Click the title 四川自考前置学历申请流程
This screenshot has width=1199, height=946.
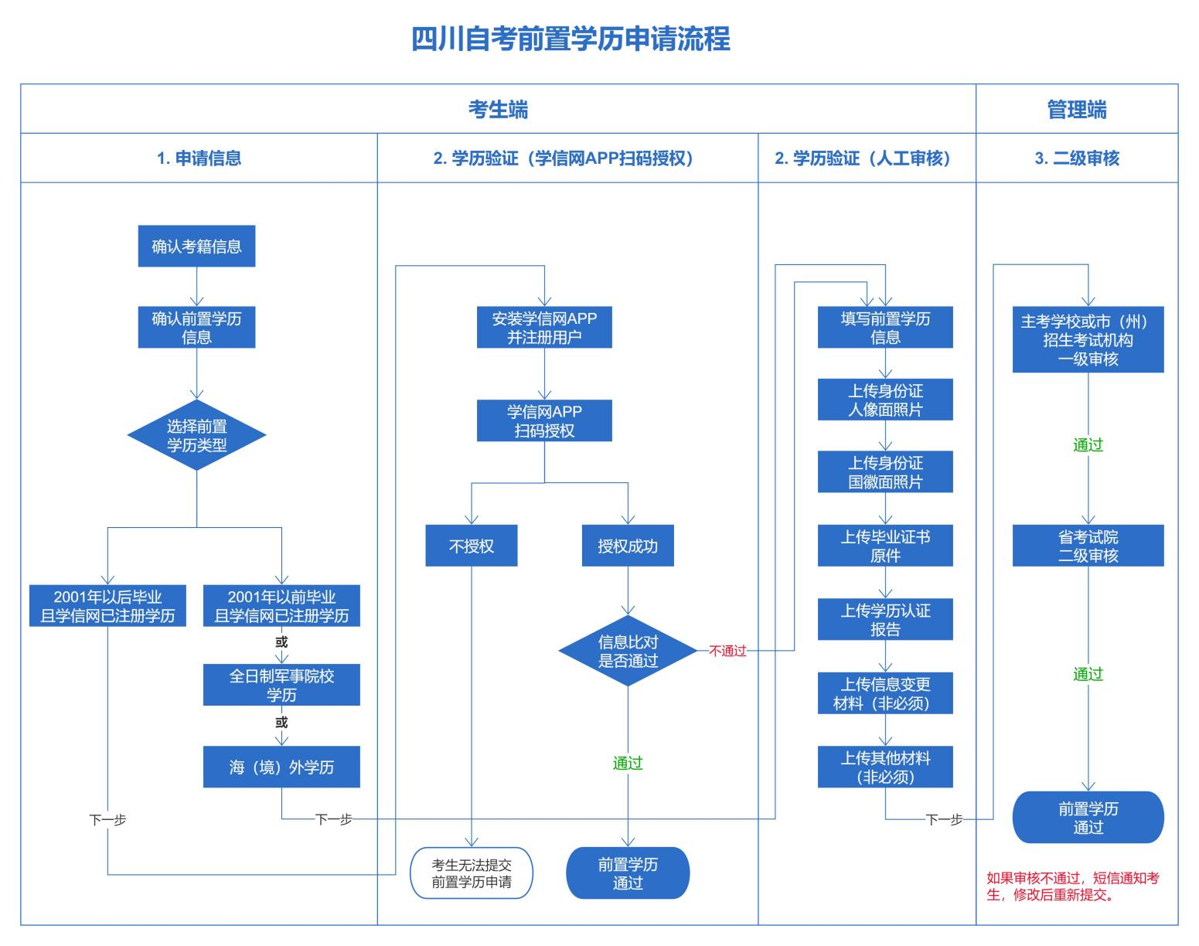(x=571, y=39)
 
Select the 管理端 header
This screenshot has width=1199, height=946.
(x=1076, y=110)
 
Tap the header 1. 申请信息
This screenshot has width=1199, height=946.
(x=199, y=158)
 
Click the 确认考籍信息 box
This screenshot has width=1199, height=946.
(x=196, y=247)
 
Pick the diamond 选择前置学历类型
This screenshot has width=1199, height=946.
(x=196, y=435)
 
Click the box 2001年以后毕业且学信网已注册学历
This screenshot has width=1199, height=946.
(x=107, y=606)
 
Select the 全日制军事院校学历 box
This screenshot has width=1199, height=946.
(x=281, y=685)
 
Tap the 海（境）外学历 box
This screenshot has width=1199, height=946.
(x=281, y=767)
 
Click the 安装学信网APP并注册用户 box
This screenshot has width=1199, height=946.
(x=544, y=328)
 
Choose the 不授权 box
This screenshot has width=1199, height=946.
(x=471, y=546)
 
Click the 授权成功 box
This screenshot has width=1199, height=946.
(x=627, y=546)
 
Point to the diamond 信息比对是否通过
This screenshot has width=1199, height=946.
(x=628, y=651)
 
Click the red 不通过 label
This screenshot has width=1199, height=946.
(x=727, y=651)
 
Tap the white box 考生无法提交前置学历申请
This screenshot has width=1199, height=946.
(x=471, y=873)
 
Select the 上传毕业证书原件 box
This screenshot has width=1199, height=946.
(x=885, y=546)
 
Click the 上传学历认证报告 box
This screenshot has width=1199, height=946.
(x=885, y=619)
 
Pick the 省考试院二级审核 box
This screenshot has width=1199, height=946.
(x=1088, y=546)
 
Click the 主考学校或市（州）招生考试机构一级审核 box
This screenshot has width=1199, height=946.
(x=1088, y=340)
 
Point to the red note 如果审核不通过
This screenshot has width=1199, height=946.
(x=1072, y=886)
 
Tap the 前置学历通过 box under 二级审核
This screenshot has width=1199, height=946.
(x=1088, y=818)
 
